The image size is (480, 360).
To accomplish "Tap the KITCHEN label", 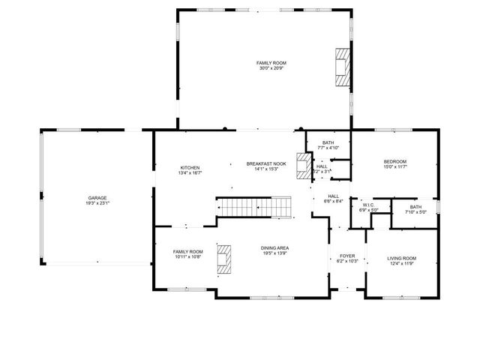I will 189,167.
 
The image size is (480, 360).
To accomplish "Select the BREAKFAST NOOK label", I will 267,163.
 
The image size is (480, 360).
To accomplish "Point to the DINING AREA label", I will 276,248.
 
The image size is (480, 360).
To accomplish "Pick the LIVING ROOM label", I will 401,259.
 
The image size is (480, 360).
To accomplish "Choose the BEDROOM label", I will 395,162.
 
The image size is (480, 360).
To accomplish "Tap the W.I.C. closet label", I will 367,204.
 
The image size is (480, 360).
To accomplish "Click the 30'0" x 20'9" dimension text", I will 271,69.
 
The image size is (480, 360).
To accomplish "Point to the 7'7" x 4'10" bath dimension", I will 328,148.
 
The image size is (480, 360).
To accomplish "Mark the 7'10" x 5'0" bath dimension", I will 415,212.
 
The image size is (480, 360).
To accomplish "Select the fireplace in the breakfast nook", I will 304,163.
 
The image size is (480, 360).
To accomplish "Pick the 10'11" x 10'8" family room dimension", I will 188,257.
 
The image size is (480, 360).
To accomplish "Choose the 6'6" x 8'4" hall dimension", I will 334,201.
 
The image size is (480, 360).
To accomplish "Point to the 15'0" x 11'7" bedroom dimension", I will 395,167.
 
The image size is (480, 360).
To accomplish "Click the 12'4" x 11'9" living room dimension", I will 401,264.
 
